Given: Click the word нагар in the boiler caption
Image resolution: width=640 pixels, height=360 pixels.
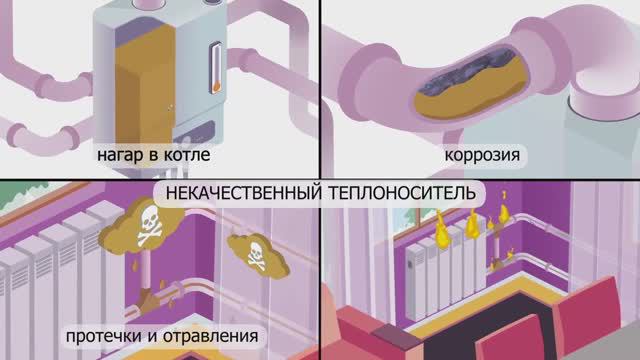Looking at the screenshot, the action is tap(118, 157).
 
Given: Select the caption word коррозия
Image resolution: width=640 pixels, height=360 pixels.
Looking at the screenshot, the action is tap(485, 157).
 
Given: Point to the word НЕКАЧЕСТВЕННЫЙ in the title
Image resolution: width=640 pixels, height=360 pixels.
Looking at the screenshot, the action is tap(240, 190).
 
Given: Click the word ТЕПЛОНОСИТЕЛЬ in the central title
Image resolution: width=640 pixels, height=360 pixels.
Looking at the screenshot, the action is tap(398, 190).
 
